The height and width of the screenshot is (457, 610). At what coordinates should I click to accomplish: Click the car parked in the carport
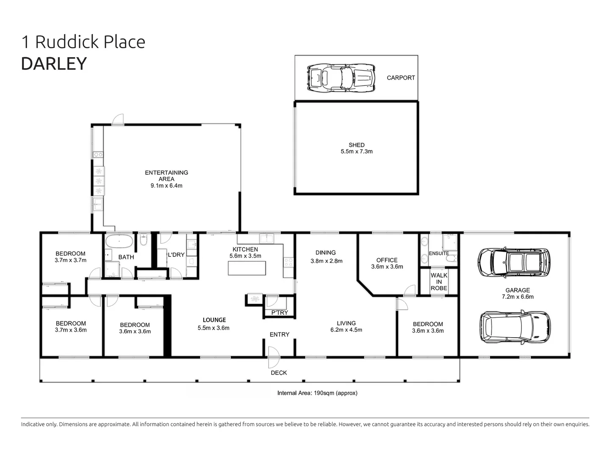click(341, 78)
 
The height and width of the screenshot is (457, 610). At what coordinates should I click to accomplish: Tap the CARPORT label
click(401, 78)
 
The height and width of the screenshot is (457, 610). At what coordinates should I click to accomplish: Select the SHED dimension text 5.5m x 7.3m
click(357, 151)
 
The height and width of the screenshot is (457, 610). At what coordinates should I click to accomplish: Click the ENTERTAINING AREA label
click(166, 176)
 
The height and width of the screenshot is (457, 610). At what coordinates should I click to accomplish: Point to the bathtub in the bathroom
click(119, 241)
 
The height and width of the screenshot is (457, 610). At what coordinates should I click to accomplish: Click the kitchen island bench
click(247, 268)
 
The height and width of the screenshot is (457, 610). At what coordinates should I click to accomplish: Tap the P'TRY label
click(280, 313)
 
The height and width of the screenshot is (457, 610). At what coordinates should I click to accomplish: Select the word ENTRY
click(280, 335)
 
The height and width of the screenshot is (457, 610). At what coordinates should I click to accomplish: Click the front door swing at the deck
click(274, 358)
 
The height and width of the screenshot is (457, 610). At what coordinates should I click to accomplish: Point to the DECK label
click(279, 373)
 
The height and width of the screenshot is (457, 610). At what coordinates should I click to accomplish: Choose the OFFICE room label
click(387, 260)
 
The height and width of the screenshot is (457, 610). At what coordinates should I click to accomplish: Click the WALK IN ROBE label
click(439, 282)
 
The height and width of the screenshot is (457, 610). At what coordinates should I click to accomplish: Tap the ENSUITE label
click(439, 253)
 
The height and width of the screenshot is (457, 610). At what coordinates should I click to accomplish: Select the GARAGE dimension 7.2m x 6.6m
click(518, 297)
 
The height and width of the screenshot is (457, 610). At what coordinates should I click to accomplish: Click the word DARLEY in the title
click(54, 63)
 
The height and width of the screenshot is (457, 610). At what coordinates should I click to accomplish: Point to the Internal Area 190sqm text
click(317, 393)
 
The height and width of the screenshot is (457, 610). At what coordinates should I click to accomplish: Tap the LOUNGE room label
click(214, 320)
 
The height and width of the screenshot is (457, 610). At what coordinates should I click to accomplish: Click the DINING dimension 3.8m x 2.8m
click(327, 261)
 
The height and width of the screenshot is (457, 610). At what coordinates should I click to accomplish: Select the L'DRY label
click(176, 255)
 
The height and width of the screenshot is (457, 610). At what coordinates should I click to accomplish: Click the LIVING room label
click(346, 323)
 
